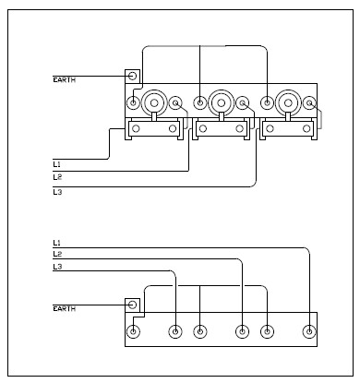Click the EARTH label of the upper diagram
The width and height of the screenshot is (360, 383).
(x=65, y=80)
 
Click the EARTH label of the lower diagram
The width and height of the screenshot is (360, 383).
(x=65, y=308)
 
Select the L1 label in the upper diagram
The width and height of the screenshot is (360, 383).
(x=57, y=164)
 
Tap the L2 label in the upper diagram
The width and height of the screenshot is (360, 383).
(x=57, y=177)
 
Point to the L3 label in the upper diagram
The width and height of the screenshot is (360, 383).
(x=57, y=192)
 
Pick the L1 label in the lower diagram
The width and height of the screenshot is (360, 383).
(x=57, y=243)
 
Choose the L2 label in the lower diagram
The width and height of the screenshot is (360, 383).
(x=57, y=254)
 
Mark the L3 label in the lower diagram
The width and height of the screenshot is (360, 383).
(x=57, y=267)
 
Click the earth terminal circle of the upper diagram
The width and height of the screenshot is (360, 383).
(x=132, y=76)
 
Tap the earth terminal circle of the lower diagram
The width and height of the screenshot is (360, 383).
(x=132, y=305)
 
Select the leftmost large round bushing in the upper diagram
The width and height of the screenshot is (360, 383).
(x=154, y=102)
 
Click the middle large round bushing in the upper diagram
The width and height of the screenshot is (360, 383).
(x=221, y=102)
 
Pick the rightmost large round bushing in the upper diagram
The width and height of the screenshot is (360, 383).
(x=288, y=102)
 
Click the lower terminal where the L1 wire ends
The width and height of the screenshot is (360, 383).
(x=309, y=331)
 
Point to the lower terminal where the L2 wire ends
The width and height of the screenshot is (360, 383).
(x=242, y=331)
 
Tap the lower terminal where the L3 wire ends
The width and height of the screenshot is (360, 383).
(x=175, y=331)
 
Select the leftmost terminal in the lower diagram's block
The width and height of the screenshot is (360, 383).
(x=133, y=331)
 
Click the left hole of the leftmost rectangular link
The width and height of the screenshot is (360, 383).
(x=136, y=128)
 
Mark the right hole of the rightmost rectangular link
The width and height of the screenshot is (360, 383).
(x=306, y=128)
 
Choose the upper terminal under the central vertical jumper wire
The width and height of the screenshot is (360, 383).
(x=200, y=102)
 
